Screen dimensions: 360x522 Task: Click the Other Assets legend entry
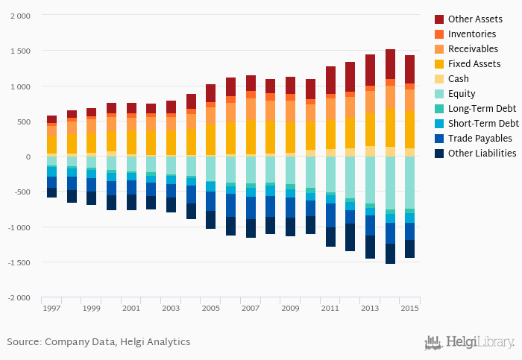point(474,19)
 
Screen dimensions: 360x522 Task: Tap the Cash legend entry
point(459,78)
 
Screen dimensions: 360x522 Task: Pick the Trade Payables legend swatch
point(439,138)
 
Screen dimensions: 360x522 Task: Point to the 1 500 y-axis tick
point(20,51)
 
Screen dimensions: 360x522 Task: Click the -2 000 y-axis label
point(19,298)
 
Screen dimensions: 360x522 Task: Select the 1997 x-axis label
point(51,308)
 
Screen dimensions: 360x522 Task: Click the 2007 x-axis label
point(251,308)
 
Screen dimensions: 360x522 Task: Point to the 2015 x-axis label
point(409,308)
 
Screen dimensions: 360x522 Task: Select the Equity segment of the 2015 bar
point(409,183)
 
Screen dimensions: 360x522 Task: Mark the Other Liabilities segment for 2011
point(330,237)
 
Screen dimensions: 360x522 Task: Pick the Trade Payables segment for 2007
point(251,207)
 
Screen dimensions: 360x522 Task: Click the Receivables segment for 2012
point(350,107)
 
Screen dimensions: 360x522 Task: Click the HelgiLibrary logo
point(469,342)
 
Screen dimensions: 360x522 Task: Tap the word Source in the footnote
point(23,342)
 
